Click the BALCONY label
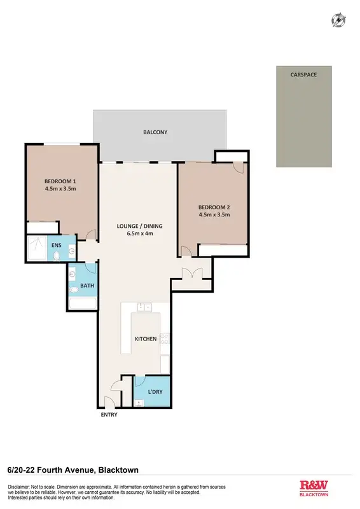pos(155,132)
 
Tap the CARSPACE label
pos(303,74)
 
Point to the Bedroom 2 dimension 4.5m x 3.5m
pos(214,214)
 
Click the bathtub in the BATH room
pos(83,302)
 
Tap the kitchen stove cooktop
pos(165,344)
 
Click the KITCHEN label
pos(146,338)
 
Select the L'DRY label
pos(156,392)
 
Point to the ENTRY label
pos(109,415)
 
